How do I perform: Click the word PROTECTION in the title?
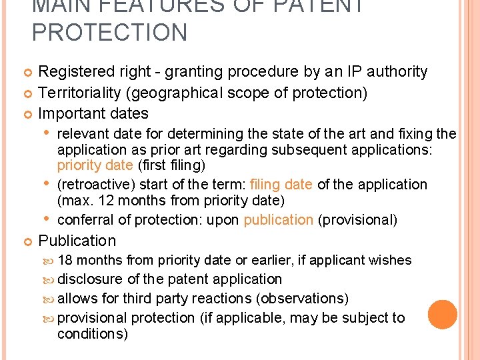pos(110,33)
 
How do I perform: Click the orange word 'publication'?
pos(278,220)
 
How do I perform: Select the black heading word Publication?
pos(77,241)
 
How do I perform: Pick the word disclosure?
pos(90,279)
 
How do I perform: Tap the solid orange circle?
pos(442,315)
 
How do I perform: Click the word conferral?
pos(85,220)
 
